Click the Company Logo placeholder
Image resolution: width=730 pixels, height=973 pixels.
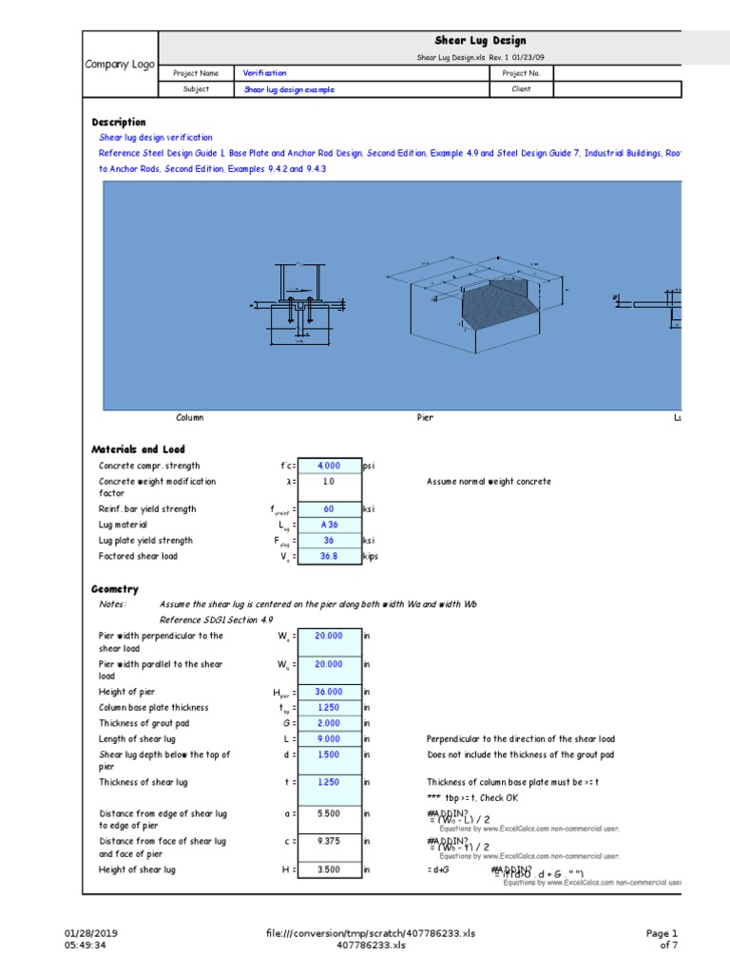pyautogui.click(x=120, y=64)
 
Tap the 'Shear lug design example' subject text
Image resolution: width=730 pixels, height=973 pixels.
pyautogui.click(x=289, y=90)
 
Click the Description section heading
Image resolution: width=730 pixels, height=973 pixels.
pyautogui.click(x=119, y=123)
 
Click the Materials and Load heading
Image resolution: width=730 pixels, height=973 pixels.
pyautogui.click(x=138, y=449)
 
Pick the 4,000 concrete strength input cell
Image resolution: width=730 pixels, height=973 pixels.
pyautogui.click(x=329, y=467)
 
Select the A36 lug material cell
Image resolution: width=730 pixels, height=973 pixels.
pyautogui.click(x=329, y=525)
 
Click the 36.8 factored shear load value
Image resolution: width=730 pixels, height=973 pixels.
pyautogui.click(x=329, y=557)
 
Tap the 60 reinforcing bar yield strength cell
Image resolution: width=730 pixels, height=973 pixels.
pyautogui.click(x=329, y=509)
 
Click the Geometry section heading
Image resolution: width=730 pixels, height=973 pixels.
pyautogui.click(x=114, y=590)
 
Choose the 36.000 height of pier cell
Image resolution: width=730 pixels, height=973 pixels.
pyautogui.click(x=329, y=693)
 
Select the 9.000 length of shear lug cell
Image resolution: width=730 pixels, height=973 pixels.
pyautogui.click(x=329, y=739)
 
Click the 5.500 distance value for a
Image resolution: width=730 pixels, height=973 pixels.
pyautogui.click(x=329, y=814)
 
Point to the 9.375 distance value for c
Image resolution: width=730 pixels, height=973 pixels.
pyautogui.click(x=329, y=841)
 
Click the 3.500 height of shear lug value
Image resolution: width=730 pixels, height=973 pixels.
pyautogui.click(x=329, y=869)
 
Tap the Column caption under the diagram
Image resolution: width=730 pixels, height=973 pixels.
pyautogui.click(x=190, y=418)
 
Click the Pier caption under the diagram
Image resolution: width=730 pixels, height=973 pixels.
pyautogui.click(x=425, y=418)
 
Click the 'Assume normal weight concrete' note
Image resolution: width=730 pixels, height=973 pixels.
pyautogui.click(x=489, y=482)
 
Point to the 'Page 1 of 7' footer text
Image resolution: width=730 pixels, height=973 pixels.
pyautogui.click(x=663, y=939)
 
